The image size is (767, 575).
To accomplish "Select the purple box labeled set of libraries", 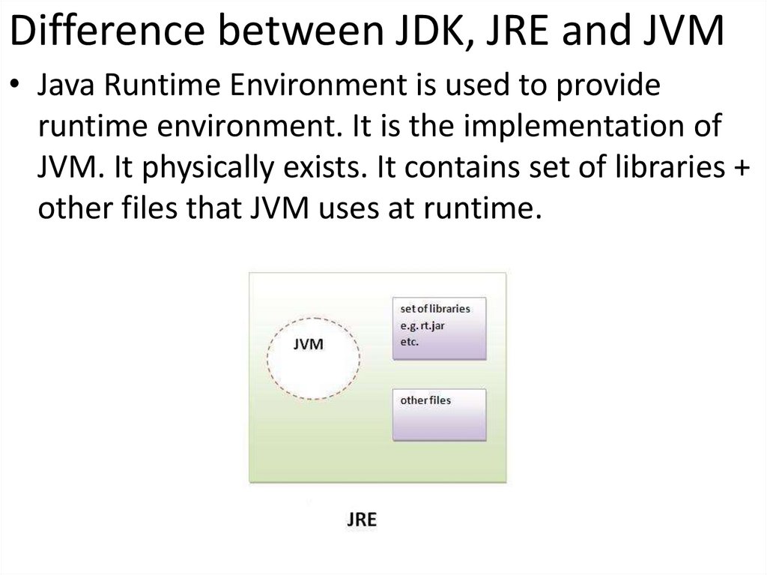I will tap(440, 329).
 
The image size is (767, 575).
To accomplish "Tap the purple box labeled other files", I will tap(440, 414).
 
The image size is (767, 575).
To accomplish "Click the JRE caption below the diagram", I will tap(362, 519).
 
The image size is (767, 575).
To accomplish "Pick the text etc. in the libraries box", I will tap(410, 342).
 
